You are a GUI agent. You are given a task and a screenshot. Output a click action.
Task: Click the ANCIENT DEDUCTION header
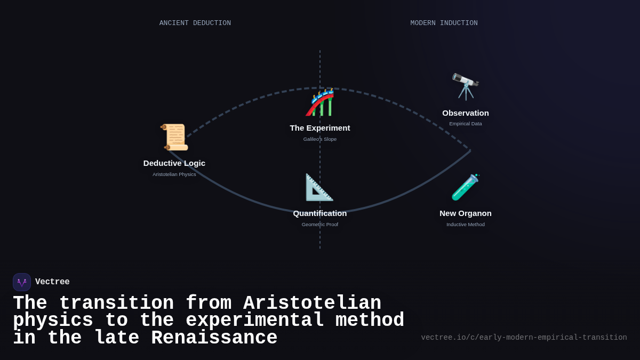pyautogui.click(x=195, y=23)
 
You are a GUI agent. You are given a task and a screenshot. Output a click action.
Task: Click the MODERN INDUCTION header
pyautogui.click(x=444, y=23)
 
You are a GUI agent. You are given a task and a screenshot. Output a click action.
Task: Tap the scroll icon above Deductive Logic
pyautogui.click(x=174, y=137)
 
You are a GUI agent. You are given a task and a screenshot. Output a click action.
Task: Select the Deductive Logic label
pyautogui.click(x=174, y=163)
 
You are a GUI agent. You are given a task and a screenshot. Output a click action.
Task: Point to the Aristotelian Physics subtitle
pyautogui.click(x=174, y=174)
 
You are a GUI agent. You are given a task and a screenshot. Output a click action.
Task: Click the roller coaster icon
pyautogui.click(x=320, y=102)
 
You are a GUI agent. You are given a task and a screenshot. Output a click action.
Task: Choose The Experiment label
pyautogui.click(x=320, y=128)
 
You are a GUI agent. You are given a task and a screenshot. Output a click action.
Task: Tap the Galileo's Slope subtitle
pyautogui.click(x=320, y=139)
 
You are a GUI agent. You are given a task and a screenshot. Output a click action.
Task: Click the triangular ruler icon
pyautogui.click(x=319, y=187)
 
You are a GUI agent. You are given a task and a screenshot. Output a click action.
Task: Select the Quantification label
pyautogui.click(x=320, y=213)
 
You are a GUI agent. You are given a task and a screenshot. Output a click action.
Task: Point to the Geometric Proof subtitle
pyautogui.click(x=320, y=225)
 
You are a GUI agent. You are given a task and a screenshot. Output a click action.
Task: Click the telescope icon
pyautogui.click(x=466, y=86)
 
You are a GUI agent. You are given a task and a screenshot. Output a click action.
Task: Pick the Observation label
pyautogui.click(x=466, y=113)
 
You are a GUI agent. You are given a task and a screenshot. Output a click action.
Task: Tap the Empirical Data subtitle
pyautogui.click(x=466, y=124)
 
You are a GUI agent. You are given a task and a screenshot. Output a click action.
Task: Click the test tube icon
pyautogui.click(x=466, y=187)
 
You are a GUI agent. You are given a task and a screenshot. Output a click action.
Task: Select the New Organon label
pyautogui.click(x=466, y=213)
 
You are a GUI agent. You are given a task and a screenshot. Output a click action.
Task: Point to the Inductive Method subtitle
pyautogui.click(x=466, y=225)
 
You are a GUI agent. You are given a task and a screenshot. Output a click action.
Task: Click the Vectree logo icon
pyautogui.click(x=22, y=282)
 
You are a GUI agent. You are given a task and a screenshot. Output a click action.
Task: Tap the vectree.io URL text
pyautogui.click(x=524, y=338)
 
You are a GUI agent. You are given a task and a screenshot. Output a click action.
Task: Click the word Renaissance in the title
pyautogui.click(x=214, y=338)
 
